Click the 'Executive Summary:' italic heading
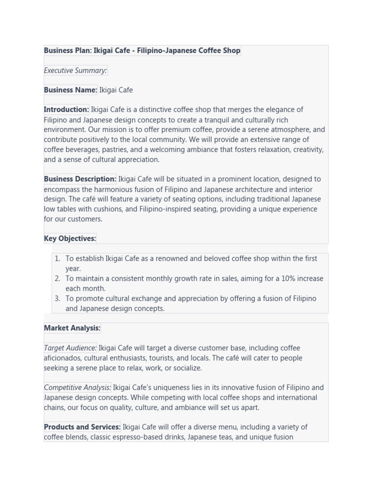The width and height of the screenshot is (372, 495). [x=75, y=71]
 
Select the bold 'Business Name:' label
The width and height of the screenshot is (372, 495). [x=70, y=90]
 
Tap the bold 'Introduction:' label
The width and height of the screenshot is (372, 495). [x=66, y=110]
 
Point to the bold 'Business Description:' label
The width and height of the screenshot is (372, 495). [x=80, y=179]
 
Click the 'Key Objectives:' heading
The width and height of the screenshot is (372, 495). [x=70, y=238]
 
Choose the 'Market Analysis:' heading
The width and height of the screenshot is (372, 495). [x=72, y=328]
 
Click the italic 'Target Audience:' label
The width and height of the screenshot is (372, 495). [x=70, y=348]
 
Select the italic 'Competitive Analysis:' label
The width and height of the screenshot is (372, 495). [x=77, y=388]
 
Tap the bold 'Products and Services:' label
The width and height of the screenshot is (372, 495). [x=82, y=427]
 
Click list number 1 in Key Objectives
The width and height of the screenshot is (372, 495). [x=57, y=259]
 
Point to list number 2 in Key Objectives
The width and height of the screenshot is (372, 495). [x=57, y=278]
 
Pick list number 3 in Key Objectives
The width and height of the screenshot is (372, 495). [x=57, y=299]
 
